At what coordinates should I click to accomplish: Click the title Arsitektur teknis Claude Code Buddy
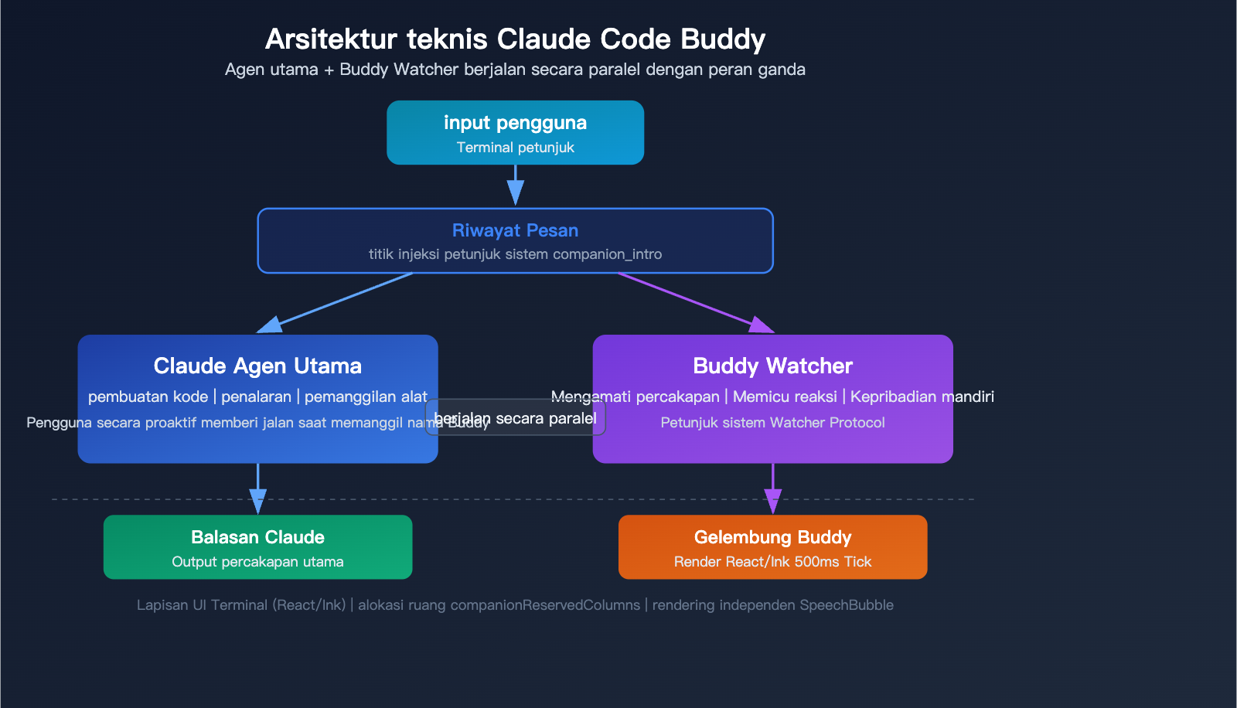pos(515,39)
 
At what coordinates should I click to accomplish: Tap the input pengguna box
pos(515,132)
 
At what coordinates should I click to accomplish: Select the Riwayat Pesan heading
pos(515,230)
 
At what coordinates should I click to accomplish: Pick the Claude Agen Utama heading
pos(257,366)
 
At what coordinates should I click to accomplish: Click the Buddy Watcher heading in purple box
pos(772,366)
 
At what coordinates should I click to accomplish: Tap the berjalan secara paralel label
pos(516,418)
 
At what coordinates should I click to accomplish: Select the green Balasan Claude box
pos(257,547)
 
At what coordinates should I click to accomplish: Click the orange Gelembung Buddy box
pos(772,547)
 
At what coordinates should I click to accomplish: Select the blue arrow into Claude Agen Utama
pos(340,301)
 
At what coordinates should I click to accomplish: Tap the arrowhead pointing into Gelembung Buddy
pos(772,502)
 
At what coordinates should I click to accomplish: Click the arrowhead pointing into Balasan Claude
pos(257,502)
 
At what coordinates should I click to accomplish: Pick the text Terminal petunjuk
pos(515,148)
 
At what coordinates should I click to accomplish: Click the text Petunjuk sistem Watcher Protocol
pos(772,423)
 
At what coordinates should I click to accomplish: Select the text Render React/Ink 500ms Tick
pos(772,562)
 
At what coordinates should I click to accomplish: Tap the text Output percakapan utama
pos(257,562)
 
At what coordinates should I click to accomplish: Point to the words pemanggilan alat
pos(366,397)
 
